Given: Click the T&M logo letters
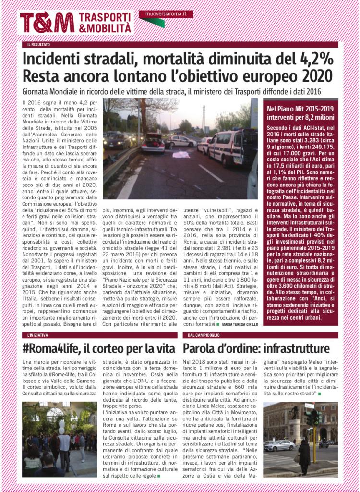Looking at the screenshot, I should (x=47, y=23).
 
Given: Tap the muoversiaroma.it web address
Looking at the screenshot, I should (x=166, y=14).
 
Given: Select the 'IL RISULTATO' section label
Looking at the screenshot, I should (x=39, y=45).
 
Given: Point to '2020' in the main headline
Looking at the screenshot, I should (x=312, y=76).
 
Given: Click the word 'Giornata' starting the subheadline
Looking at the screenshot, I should (x=37, y=91).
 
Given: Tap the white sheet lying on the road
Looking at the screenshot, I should (x=181, y=155).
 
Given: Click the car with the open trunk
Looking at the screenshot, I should (x=153, y=143).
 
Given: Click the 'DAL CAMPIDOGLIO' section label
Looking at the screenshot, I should (x=204, y=335).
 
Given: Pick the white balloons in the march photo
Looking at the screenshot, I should (x=61, y=426).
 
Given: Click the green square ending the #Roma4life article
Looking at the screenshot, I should (x=158, y=476).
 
